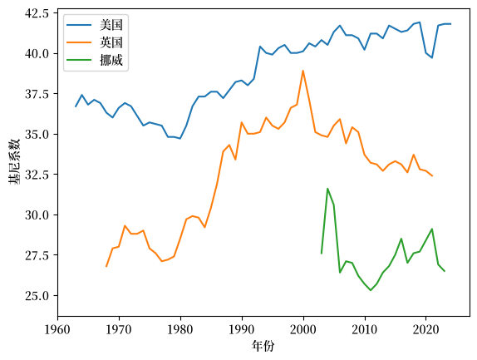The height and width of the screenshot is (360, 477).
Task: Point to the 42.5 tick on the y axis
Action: [x=37, y=13]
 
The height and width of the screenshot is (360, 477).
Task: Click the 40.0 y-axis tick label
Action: [x=37, y=53]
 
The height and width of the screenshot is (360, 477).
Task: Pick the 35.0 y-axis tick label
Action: [x=37, y=134]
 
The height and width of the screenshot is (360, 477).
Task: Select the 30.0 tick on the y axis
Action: [x=37, y=215]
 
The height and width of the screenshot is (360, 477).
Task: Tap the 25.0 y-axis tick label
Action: [x=37, y=295]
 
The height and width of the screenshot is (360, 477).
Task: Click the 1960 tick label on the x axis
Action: [x=57, y=329]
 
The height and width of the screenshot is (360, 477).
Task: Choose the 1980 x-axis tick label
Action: [x=180, y=329]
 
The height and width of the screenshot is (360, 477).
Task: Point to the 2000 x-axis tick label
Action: [x=303, y=329]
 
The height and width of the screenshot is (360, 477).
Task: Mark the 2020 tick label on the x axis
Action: [x=425, y=329]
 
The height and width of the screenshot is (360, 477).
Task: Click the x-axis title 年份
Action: [x=263, y=346]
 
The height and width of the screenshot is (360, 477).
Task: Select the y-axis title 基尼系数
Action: [x=14, y=162]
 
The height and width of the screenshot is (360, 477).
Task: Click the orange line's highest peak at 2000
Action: [x=303, y=71]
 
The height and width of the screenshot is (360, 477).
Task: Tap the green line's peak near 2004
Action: [x=327, y=189]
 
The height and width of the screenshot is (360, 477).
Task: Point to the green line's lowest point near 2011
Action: [x=371, y=290]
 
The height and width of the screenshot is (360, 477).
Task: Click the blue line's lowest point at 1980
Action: [x=180, y=139]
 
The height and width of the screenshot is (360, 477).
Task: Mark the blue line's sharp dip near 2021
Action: [x=432, y=58]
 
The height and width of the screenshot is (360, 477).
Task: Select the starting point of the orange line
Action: [x=106, y=267]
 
